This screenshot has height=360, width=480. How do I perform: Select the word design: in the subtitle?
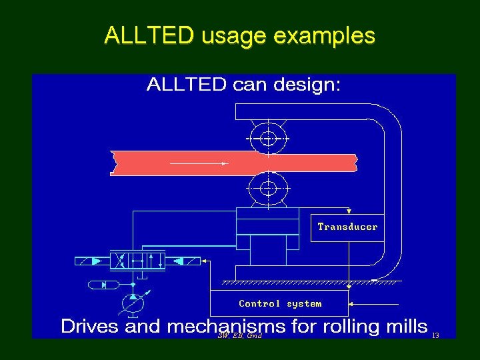click(x=308, y=85)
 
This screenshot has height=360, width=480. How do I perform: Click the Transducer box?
click(x=347, y=227)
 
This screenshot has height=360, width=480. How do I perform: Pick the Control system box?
click(x=280, y=303)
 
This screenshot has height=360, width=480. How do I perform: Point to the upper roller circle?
click(x=268, y=139)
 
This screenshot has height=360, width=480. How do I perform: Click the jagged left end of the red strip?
click(x=113, y=163)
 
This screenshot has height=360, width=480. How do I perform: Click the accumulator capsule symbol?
click(x=103, y=285)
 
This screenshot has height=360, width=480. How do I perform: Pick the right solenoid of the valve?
click(x=184, y=260)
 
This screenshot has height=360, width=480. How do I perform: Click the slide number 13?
click(x=435, y=335)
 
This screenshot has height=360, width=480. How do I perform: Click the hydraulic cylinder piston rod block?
click(x=267, y=250)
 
